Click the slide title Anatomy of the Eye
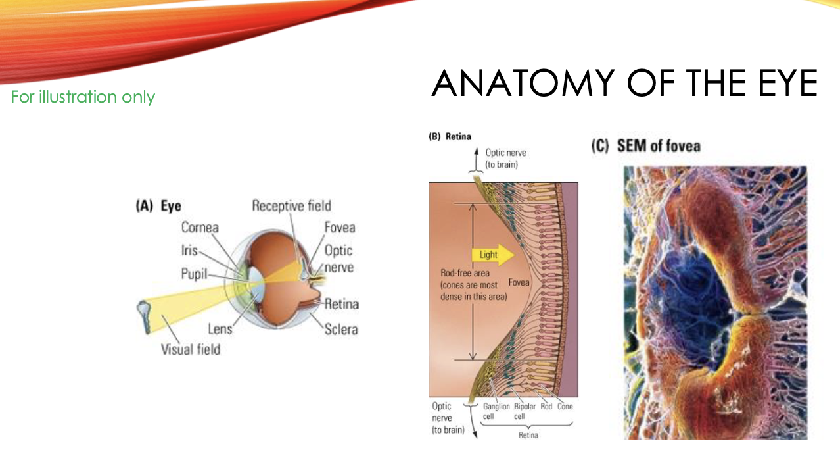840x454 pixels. coord(624,84)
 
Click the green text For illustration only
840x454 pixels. coord(83,97)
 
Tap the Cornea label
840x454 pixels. coord(200,228)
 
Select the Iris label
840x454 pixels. coord(189,251)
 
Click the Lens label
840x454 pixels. coord(220,328)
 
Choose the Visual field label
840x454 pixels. coord(191,349)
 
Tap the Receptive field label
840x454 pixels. coord(291,206)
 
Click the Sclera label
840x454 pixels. coord(341,329)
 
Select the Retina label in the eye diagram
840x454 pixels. coord(341,304)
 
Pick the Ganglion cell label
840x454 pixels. coord(496,411)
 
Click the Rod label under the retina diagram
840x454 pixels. coord(546,407)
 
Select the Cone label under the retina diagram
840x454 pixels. coord(565,407)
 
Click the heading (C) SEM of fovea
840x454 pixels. coord(645,146)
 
